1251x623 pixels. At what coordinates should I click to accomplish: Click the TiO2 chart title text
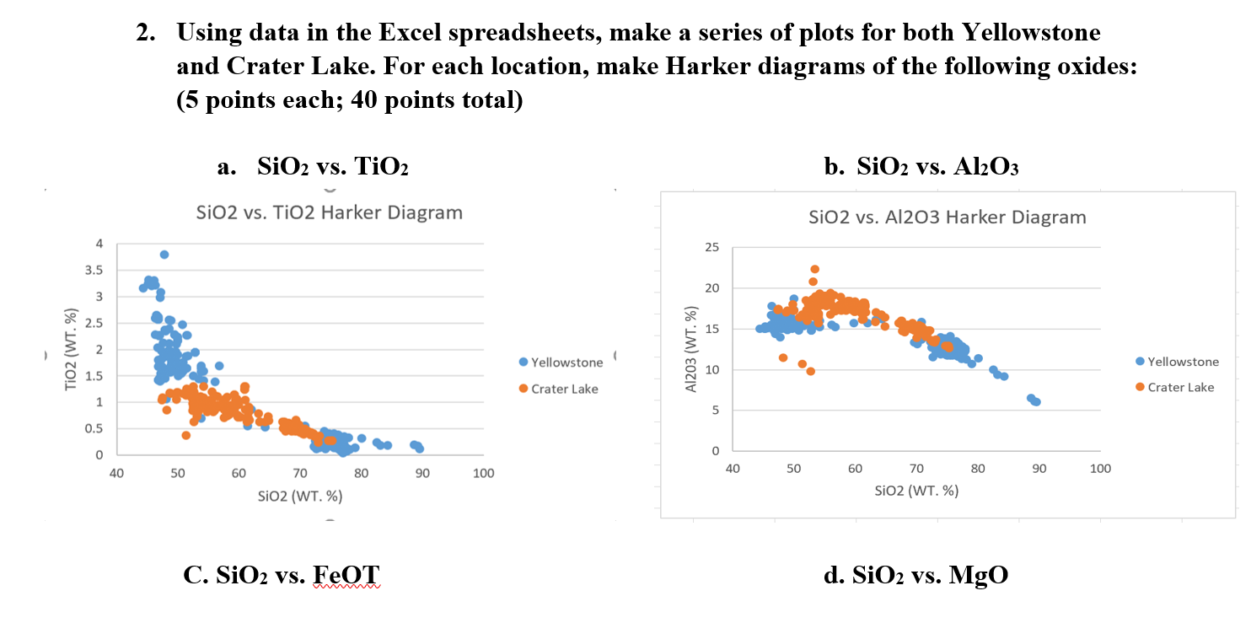coord(329,212)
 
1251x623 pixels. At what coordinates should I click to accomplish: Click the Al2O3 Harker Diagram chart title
coord(947,218)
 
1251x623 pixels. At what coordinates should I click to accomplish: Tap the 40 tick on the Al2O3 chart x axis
coord(733,469)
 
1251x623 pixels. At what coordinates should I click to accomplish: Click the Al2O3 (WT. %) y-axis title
coord(691,349)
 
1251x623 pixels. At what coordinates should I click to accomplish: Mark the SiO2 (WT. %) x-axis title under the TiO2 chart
coord(300,495)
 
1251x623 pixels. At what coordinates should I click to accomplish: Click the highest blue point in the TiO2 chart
coord(164,255)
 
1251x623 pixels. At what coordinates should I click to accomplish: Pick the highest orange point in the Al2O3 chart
coord(814,269)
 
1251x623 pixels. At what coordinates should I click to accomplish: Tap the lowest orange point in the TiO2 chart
coord(185,435)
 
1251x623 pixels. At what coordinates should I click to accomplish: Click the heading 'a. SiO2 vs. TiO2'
coord(313,166)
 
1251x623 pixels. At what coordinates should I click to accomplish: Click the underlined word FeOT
coord(346,576)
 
